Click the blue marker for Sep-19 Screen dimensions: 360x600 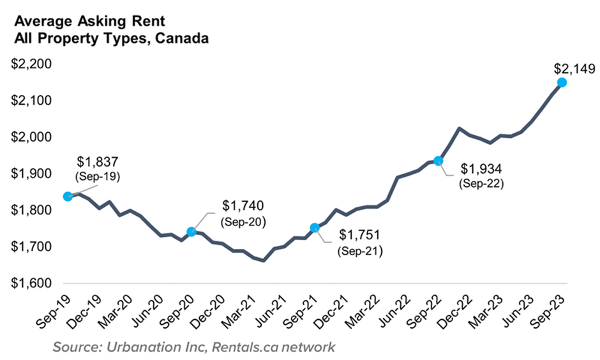[68, 196]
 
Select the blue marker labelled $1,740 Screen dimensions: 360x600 [191, 232]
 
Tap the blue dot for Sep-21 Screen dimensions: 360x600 [314, 227]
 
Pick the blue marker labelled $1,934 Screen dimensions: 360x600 [438, 161]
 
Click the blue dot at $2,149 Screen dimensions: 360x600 [562, 82]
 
